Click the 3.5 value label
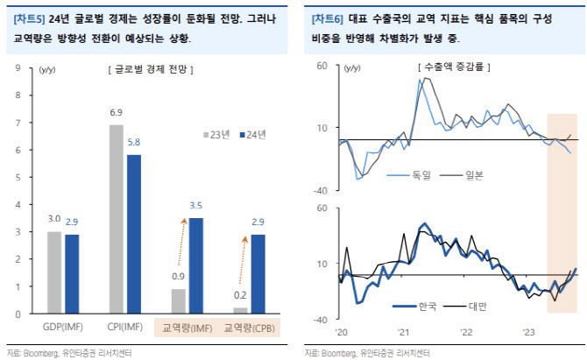click(x=195, y=207)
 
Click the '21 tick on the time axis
click(x=404, y=331)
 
